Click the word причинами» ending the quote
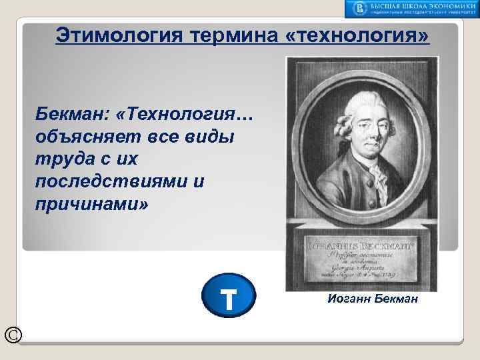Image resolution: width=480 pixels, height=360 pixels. coord(92,203)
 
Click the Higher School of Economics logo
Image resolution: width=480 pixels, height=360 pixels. coord(411,9)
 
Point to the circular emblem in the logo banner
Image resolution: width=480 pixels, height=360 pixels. coord(361,9)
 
